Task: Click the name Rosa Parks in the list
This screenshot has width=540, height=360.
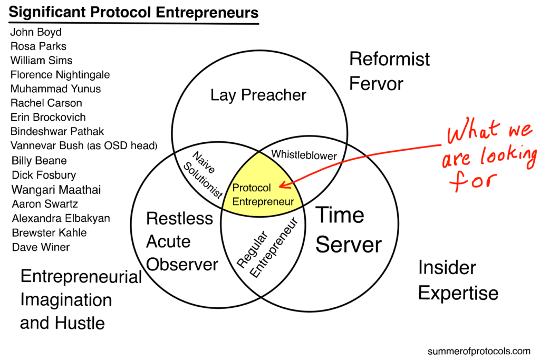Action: point(38,46)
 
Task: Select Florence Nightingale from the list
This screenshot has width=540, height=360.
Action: point(60,74)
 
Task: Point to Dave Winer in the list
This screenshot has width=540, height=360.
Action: point(40,247)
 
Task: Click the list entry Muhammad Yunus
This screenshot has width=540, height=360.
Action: point(55,89)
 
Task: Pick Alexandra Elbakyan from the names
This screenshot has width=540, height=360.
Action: point(60,218)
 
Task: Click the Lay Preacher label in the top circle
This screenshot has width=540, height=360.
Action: point(258,95)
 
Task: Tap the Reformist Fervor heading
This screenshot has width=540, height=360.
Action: point(389,71)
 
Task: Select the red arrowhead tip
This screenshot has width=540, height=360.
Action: point(280,185)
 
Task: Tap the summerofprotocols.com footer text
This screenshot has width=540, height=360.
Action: point(479,351)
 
